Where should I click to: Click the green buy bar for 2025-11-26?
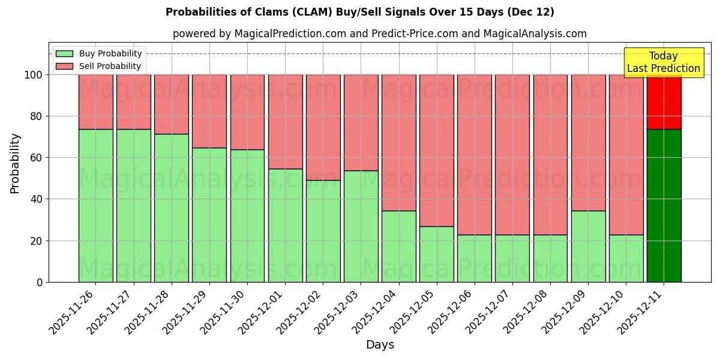95,205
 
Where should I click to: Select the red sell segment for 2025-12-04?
399,142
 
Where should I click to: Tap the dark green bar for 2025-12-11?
664,205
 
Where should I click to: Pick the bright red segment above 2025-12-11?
664,102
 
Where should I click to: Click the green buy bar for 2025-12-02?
323,231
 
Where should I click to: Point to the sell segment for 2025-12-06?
475,154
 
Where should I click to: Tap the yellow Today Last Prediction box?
664,62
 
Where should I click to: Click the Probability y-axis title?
15,163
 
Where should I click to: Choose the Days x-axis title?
380,345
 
